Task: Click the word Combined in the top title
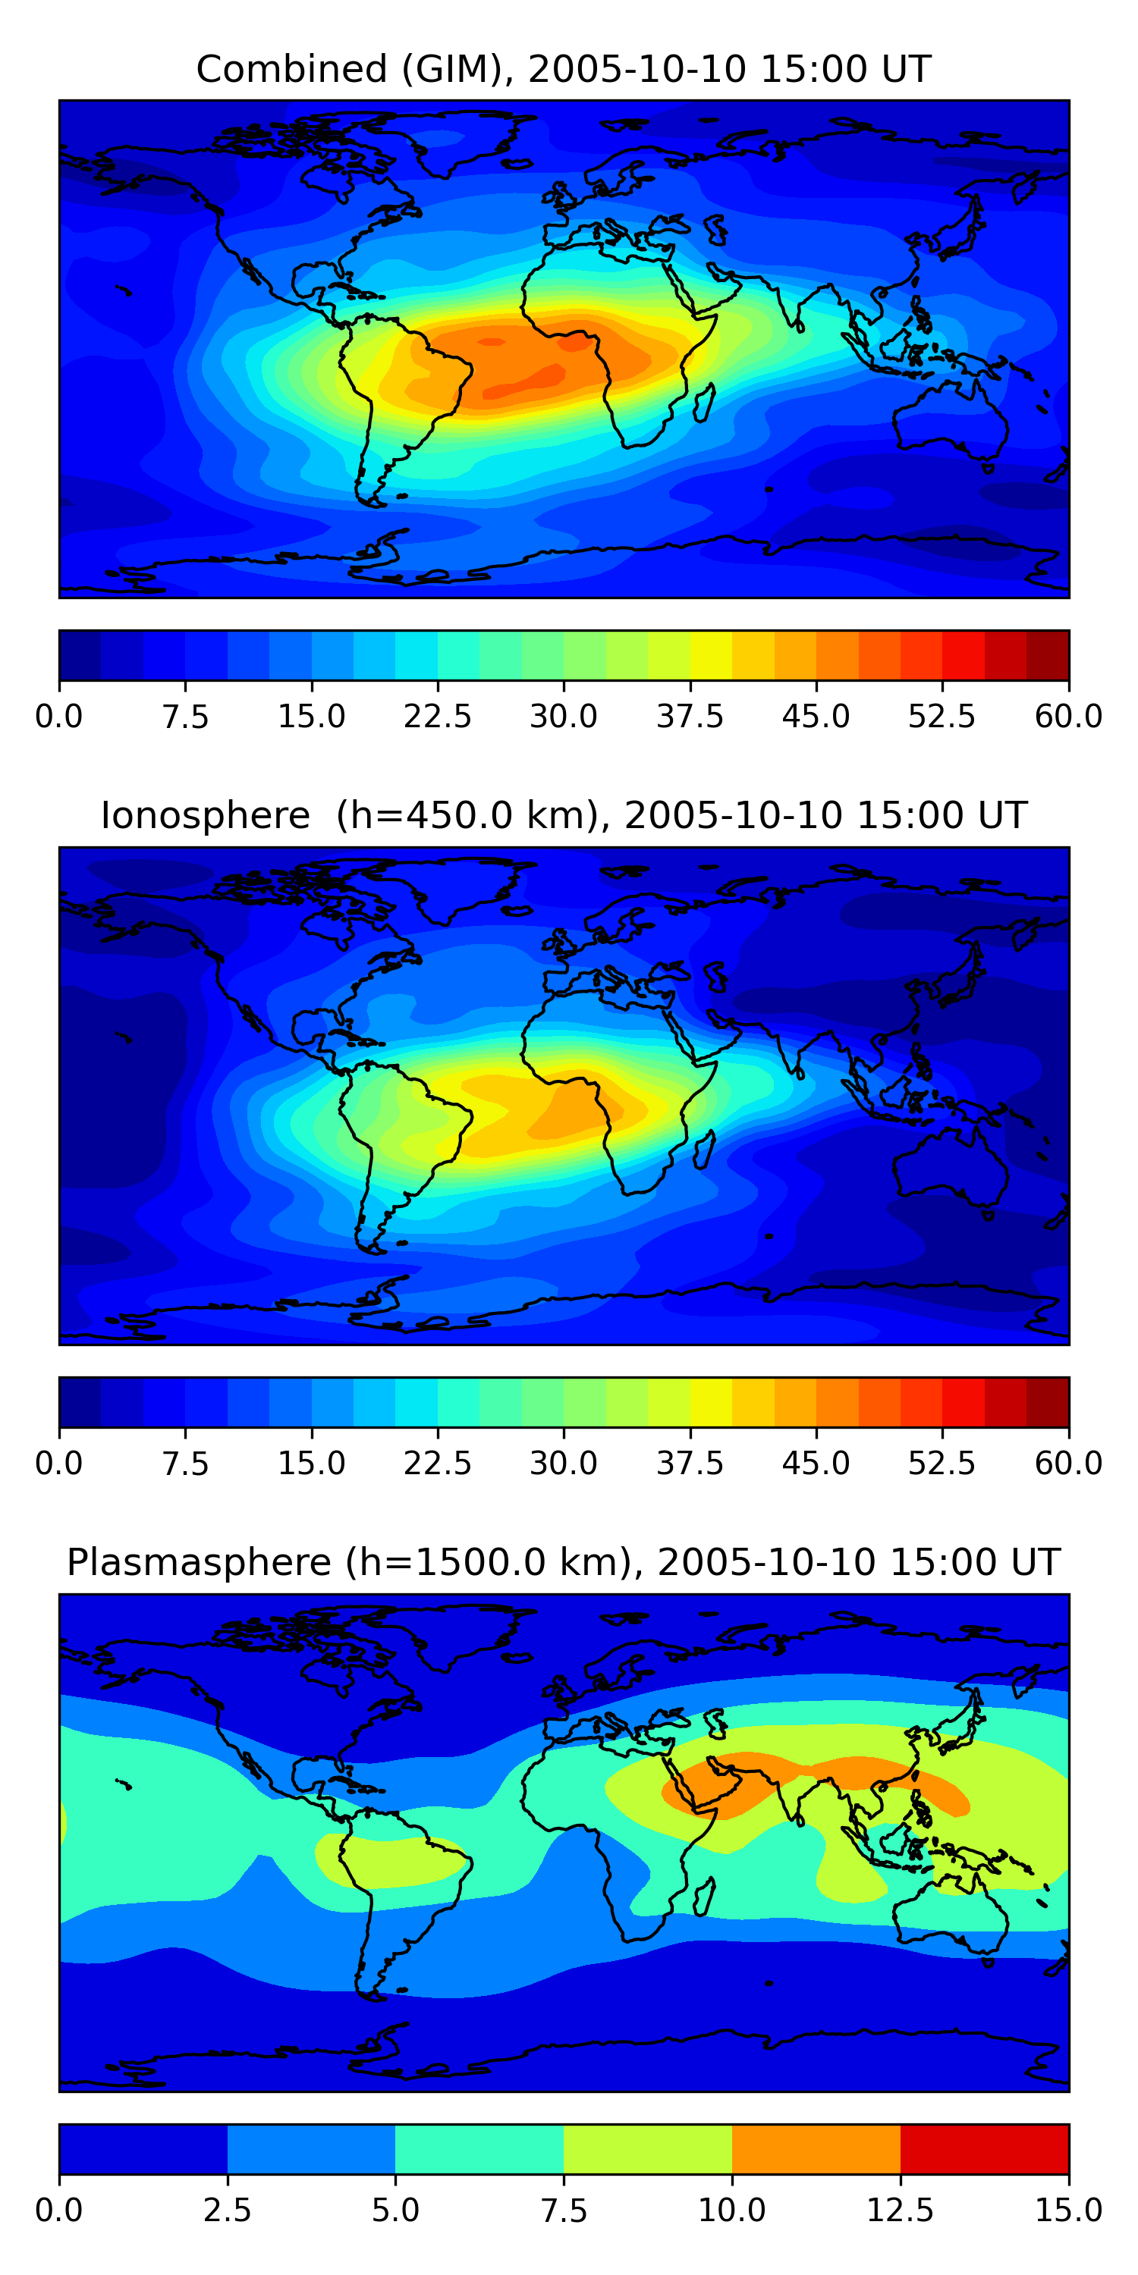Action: coord(291,69)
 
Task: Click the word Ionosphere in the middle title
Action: coord(205,815)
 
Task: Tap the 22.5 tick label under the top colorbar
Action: coord(437,716)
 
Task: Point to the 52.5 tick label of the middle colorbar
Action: coord(942,1464)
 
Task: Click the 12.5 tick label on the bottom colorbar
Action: coord(900,2211)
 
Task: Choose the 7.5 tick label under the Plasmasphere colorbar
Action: coord(564,2211)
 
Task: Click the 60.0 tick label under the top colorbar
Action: coord(1068,716)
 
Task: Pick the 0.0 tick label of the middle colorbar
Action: coord(59,1464)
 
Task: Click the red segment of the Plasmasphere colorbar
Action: coord(984,2148)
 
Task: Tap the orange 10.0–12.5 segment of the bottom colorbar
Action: coord(816,2148)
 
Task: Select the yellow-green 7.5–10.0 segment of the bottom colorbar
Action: coord(648,2148)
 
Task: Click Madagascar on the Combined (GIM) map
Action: coord(704,403)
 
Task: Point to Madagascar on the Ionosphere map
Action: coord(704,1150)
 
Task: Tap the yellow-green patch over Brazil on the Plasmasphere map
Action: coord(388,1862)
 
